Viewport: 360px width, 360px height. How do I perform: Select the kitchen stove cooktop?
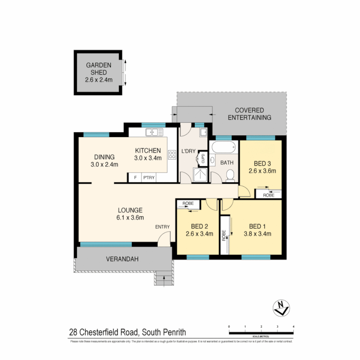(172, 154)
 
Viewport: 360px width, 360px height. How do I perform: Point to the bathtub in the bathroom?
(224, 147)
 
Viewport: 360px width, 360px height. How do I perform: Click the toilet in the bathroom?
(230, 176)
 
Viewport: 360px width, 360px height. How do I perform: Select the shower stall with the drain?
(201, 175)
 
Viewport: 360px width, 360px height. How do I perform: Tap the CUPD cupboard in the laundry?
(203, 158)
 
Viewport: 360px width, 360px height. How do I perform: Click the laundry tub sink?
(203, 133)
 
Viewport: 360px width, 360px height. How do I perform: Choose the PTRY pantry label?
(149, 178)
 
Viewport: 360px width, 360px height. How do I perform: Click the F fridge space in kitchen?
(135, 178)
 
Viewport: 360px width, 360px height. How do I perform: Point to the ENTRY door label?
(162, 227)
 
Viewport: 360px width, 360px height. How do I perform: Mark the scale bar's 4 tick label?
(293, 326)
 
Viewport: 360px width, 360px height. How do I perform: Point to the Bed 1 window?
(256, 257)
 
